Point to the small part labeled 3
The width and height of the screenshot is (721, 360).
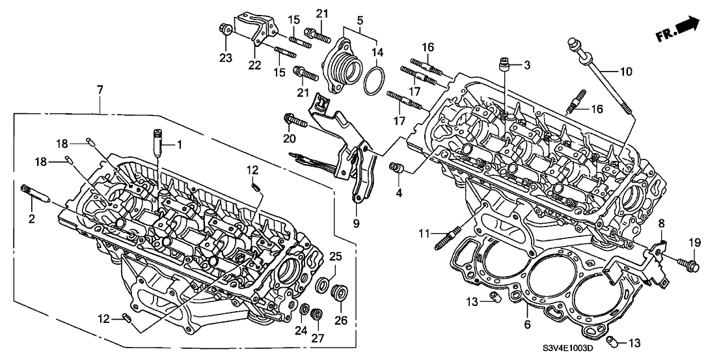[x=502, y=64]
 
